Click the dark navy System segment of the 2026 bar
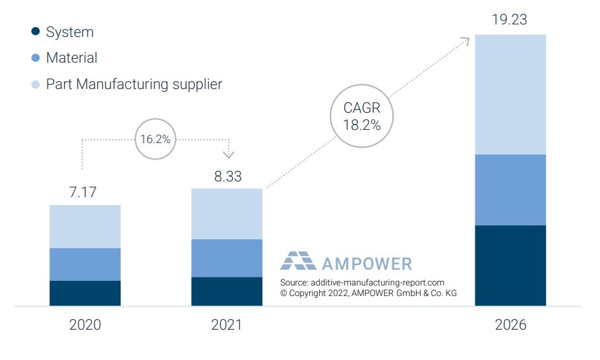510,265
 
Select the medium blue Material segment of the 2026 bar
510,190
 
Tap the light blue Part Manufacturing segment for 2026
510,94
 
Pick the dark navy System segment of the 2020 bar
85,293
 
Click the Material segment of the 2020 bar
85,264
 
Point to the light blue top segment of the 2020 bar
85,226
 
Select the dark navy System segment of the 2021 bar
227,291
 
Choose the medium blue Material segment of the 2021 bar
227,258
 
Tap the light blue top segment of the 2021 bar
227,214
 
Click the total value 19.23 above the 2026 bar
510,20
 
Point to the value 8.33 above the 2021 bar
227,176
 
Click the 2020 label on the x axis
85,325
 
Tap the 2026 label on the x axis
510,325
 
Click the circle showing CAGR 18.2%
362,116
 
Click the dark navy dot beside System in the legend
36,32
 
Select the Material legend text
71,58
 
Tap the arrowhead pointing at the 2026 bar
465,41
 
